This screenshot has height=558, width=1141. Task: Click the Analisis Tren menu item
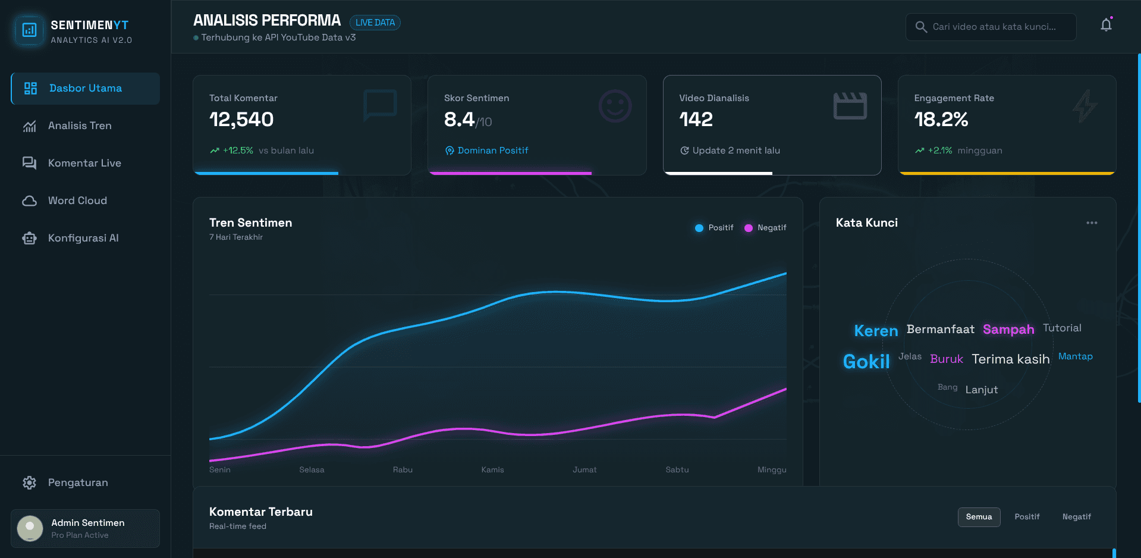pos(80,126)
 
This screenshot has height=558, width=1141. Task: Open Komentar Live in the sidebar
pos(84,163)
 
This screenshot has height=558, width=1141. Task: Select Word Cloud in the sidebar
pos(77,200)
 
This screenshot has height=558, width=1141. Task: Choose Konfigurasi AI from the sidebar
pos(83,238)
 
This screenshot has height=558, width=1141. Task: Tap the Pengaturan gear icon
pos(29,482)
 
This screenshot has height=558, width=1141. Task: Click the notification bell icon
pos(1106,25)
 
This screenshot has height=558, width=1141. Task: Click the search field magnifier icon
pos(921,27)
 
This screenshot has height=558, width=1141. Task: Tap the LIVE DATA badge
pos(375,23)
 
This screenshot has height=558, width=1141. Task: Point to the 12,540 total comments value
pos(241,120)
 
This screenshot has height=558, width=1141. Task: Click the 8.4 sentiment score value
pos(459,120)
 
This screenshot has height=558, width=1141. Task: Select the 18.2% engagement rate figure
pos(941,120)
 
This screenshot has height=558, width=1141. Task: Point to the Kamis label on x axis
pos(492,469)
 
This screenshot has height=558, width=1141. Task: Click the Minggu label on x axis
pos(771,469)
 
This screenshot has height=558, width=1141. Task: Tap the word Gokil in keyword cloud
pos(866,362)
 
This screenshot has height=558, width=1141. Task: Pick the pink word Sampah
pos(1008,330)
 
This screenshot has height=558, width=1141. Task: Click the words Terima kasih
pos(1010,359)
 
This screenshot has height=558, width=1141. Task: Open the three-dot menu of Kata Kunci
pos(1092,223)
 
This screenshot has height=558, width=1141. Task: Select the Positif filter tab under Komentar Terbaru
pos(1027,517)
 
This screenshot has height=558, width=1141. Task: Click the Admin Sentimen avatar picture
pos(30,528)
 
